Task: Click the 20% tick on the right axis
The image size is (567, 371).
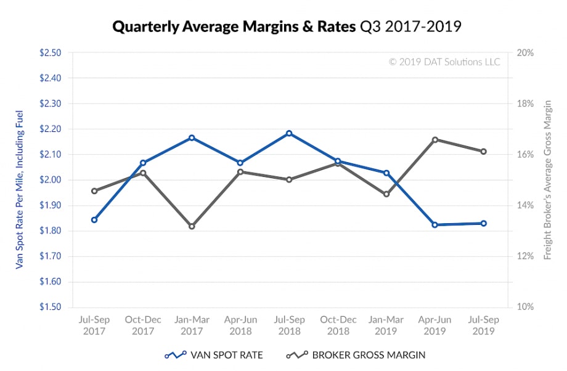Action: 524,53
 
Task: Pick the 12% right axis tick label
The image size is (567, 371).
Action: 524,256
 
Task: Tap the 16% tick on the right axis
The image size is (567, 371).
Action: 524,155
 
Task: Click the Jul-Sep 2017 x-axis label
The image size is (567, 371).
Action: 94,325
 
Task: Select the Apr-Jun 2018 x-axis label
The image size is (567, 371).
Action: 240,325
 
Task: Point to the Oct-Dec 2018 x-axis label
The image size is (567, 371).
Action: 338,325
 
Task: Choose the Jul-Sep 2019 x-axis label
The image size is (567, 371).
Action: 484,325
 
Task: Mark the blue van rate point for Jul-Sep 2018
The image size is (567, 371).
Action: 289,133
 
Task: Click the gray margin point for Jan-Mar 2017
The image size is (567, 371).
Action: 192,226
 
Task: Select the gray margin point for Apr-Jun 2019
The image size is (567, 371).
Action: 435,140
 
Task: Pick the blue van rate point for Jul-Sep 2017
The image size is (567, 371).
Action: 94,219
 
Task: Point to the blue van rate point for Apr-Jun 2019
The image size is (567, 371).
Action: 435,225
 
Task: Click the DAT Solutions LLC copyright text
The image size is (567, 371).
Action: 444,62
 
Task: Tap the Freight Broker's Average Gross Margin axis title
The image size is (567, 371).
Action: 547,180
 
